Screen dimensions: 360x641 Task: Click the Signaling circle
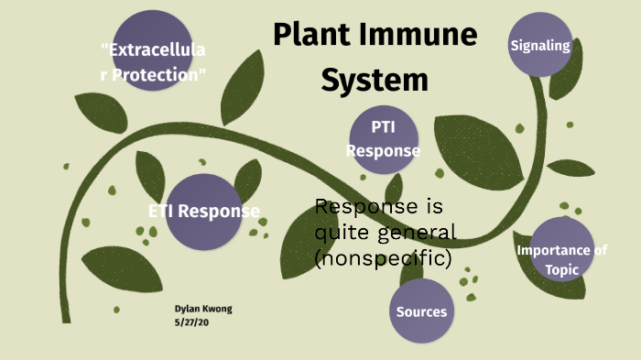pos(540,45)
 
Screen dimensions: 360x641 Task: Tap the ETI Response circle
pos(203,212)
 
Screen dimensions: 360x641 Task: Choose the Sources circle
pos(421,311)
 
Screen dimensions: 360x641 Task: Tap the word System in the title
pos(374,80)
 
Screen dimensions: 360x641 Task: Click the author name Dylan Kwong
pos(203,309)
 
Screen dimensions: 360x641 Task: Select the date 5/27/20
pos(191,322)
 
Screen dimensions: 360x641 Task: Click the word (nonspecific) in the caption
pos(383,259)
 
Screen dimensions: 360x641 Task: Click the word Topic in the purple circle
pos(562,269)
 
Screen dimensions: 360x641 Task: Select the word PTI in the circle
pos(383,126)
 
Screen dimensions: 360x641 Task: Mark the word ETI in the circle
pos(161,212)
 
